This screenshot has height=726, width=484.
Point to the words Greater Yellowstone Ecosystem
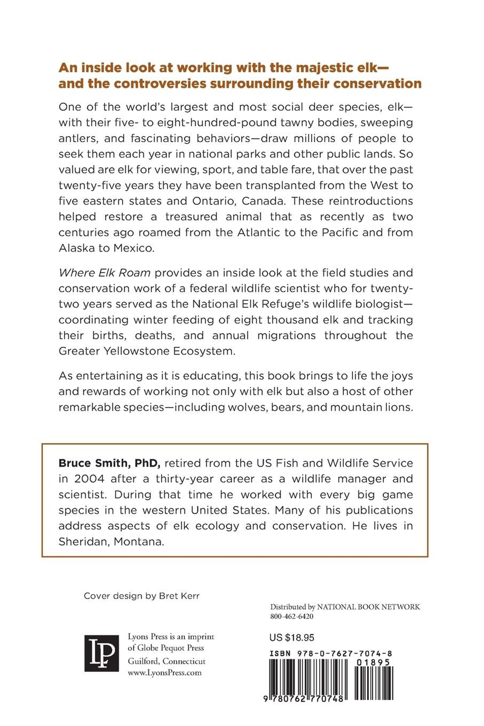pos(147,351)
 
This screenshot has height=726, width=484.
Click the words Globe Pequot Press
pos(170,648)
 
